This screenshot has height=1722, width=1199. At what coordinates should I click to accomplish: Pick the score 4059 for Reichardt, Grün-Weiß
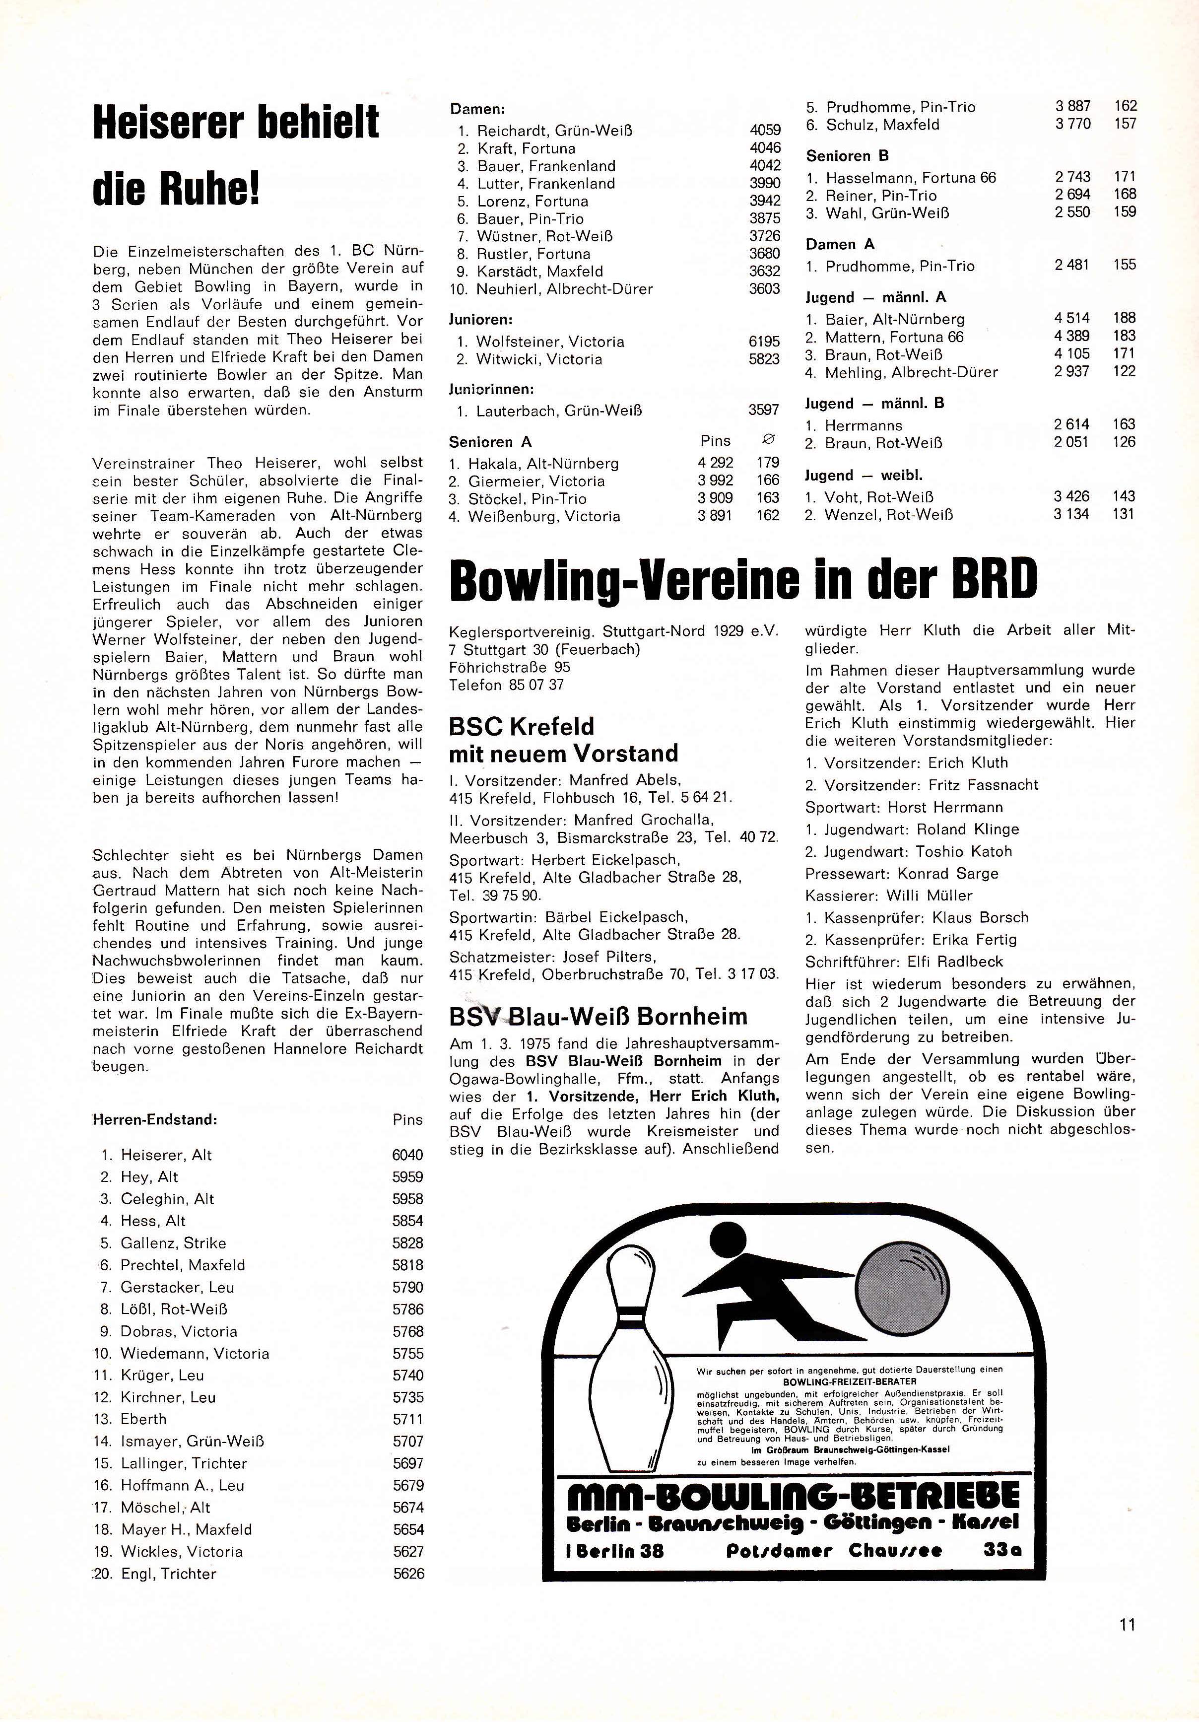(x=765, y=131)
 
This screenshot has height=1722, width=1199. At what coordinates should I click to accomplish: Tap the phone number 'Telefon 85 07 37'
(x=506, y=685)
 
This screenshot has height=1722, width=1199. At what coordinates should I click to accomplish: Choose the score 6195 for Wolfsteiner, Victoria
(x=764, y=342)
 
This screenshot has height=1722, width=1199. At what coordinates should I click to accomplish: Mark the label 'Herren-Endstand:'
(x=154, y=1120)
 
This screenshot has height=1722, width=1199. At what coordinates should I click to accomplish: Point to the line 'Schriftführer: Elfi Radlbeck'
(x=904, y=962)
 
